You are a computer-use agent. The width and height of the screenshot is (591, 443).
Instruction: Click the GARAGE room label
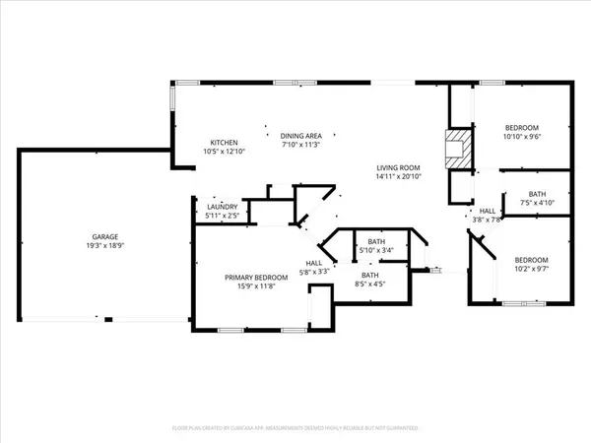click(107, 237)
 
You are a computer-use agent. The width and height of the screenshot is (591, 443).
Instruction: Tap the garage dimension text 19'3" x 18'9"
click(107, 246)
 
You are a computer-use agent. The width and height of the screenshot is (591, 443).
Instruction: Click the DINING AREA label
click(301, 136)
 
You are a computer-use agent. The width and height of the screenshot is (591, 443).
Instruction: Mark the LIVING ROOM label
click(398, 166)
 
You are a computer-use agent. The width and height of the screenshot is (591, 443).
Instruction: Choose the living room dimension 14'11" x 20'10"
click(398, 175)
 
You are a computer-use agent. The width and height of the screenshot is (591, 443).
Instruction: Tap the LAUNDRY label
click(221, 207)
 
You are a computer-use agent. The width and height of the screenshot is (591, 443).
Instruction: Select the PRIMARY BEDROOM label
click(255, 278)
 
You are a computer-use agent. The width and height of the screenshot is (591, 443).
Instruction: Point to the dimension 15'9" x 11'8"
click(255, 286)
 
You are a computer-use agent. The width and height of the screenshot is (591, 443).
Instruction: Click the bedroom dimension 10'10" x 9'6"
click(522, 137)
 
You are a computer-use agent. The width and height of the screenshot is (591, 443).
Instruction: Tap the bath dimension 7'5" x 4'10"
click(536, 204)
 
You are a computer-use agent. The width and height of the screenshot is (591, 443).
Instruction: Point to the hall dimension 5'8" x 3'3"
click(314, 272)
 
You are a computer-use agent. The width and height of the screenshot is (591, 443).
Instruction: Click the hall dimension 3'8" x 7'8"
click(487, 221)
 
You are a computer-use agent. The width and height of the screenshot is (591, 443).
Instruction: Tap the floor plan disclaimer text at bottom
click(295, 429)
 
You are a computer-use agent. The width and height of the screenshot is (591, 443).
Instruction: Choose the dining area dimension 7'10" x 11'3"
click(301, 145)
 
